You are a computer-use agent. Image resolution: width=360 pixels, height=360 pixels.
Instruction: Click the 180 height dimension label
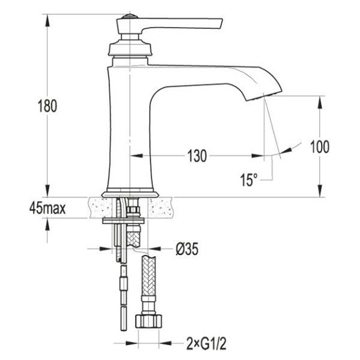pyautogui.click(x=47, y=106)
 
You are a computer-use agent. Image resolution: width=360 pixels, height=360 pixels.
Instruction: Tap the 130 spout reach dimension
pyautogui.click(x=197, y=156)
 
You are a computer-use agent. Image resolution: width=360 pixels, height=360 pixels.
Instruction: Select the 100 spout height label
pyautogui.click(x=320, y=146)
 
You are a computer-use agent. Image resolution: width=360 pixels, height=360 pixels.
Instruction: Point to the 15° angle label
pyautogui.click(x=248, y=179)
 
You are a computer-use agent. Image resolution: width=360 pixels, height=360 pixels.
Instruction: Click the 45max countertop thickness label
pyautogui.click(x=47, y=208)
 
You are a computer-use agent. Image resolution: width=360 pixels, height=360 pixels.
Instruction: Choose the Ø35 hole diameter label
pyautogui.click(x=187, y=248)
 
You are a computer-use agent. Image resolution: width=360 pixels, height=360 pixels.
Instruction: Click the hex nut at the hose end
pyautogui.click(x=148, y=321)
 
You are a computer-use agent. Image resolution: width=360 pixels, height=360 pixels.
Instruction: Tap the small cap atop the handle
pyautogui.click(x=130, y=17)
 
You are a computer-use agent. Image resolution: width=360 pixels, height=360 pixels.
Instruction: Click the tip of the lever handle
pyautogui.click(x=222, y=20)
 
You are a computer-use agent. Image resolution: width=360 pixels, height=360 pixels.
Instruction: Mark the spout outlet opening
pyautogui.click(x=264, y=96)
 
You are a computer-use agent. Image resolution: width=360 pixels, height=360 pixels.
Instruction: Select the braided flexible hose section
pyautogui.click(x=149, y=275)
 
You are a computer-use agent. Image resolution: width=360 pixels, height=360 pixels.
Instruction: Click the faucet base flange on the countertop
pyautogui.click(x=130, y=194)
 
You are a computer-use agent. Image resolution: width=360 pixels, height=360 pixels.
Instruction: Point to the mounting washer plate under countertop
pyautogui.click(x=123, y=221)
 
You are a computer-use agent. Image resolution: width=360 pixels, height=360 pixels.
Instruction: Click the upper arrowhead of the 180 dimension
pyautogui.click(x=47, y=20)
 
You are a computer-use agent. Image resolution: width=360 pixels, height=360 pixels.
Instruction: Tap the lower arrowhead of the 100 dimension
pyautogui.click(x=320, y=191)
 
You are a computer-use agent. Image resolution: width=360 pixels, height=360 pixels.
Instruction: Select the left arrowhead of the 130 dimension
pyautogui.click(x=136, y=156)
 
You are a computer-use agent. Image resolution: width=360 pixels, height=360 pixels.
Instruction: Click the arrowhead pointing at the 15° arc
pyautogui.click(x=286, y=150)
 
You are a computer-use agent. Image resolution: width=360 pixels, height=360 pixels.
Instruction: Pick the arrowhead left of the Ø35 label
pyautogui.click(x=106, y=248)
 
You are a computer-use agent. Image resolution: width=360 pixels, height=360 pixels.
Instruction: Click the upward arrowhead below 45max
pyautogui.click(x=47, y=224)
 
